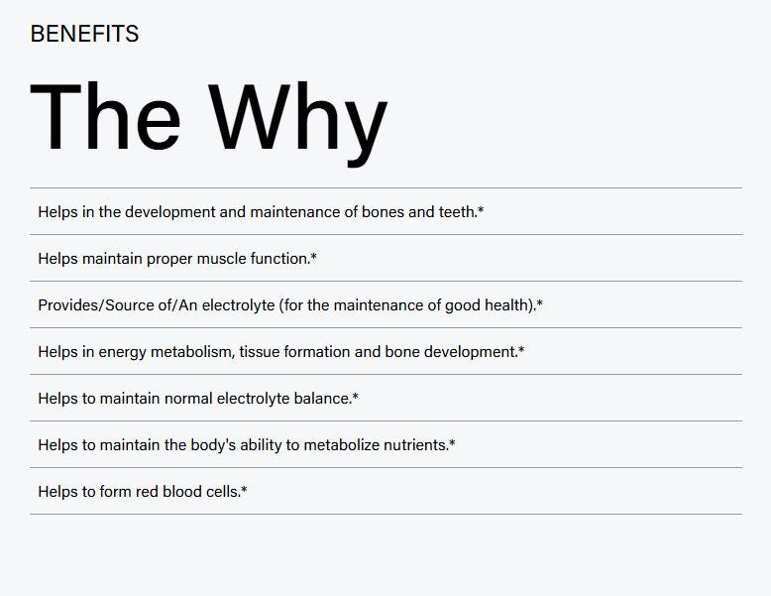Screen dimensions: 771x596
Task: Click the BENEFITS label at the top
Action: pos(84,34)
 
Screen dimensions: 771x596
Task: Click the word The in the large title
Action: pos(105,117)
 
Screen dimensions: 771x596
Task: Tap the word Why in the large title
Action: pos(298,124)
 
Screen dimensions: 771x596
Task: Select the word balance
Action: pos(322,398)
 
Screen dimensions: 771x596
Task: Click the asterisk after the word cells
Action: pos(244,489)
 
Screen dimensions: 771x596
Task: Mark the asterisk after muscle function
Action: pos(314,256)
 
